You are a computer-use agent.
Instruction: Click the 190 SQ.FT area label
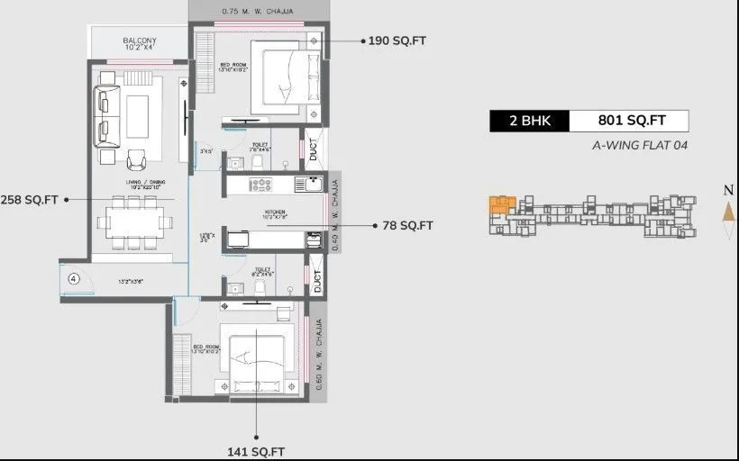coord(399,41)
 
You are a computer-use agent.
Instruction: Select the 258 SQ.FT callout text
coord(31,199)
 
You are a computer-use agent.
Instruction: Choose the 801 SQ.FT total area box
coord(630,121)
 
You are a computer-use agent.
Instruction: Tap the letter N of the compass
coord(727,190)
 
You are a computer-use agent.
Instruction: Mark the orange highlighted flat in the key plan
coord(500,204)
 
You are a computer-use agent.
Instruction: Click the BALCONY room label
coord(140,41)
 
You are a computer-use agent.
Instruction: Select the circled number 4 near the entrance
coord(74,279)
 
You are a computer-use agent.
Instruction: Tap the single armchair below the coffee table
coord(137,159)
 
